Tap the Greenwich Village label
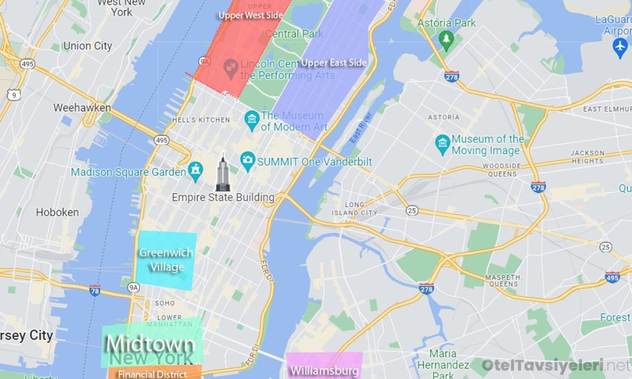(166, 260)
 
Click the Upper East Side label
(334, 63)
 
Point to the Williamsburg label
(324, 370)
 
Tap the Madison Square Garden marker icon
(196, 170)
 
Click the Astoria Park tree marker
(446, 40)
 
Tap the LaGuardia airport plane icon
(620, 46)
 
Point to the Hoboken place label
(57, 212)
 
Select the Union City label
(88, 46)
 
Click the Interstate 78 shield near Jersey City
(94, 291)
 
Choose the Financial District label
(152, 374)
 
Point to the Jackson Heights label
(587, 157)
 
